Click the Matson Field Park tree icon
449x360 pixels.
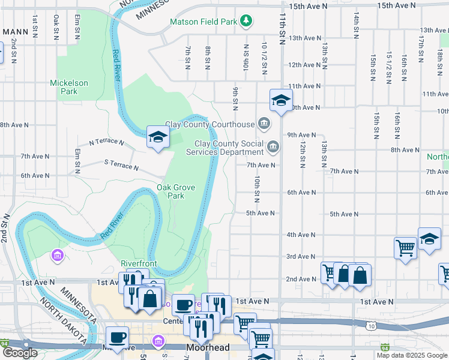coord(246,22)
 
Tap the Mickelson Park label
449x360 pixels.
coord(69,88)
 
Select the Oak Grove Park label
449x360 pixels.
coord(176,191)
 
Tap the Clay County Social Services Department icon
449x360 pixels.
coord(273,146)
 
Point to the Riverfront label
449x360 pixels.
coord(139,263)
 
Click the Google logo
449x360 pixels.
coord(20,353)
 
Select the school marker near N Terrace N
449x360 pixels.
coord(157,137)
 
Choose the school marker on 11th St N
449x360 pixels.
coord(280,101)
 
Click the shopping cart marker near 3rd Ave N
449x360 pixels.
coord(406,247)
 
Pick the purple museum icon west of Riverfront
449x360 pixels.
coord(58,257)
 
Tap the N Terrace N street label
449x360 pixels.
coord(106,143)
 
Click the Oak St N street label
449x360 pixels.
coord(56,28)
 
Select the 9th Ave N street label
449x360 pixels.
coord(301,135)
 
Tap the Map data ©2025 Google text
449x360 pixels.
coord(411,355)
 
